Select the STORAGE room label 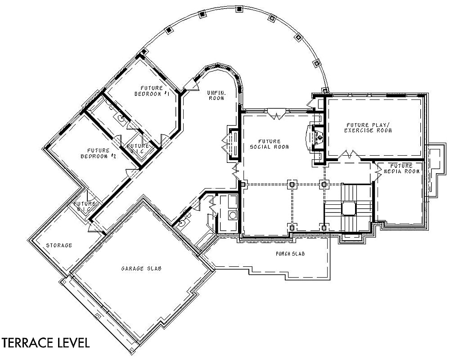59,245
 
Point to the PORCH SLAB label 290,254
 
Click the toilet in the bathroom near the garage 182,222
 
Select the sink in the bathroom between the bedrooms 121,118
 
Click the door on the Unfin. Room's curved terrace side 190,85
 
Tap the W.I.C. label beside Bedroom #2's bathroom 138,148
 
